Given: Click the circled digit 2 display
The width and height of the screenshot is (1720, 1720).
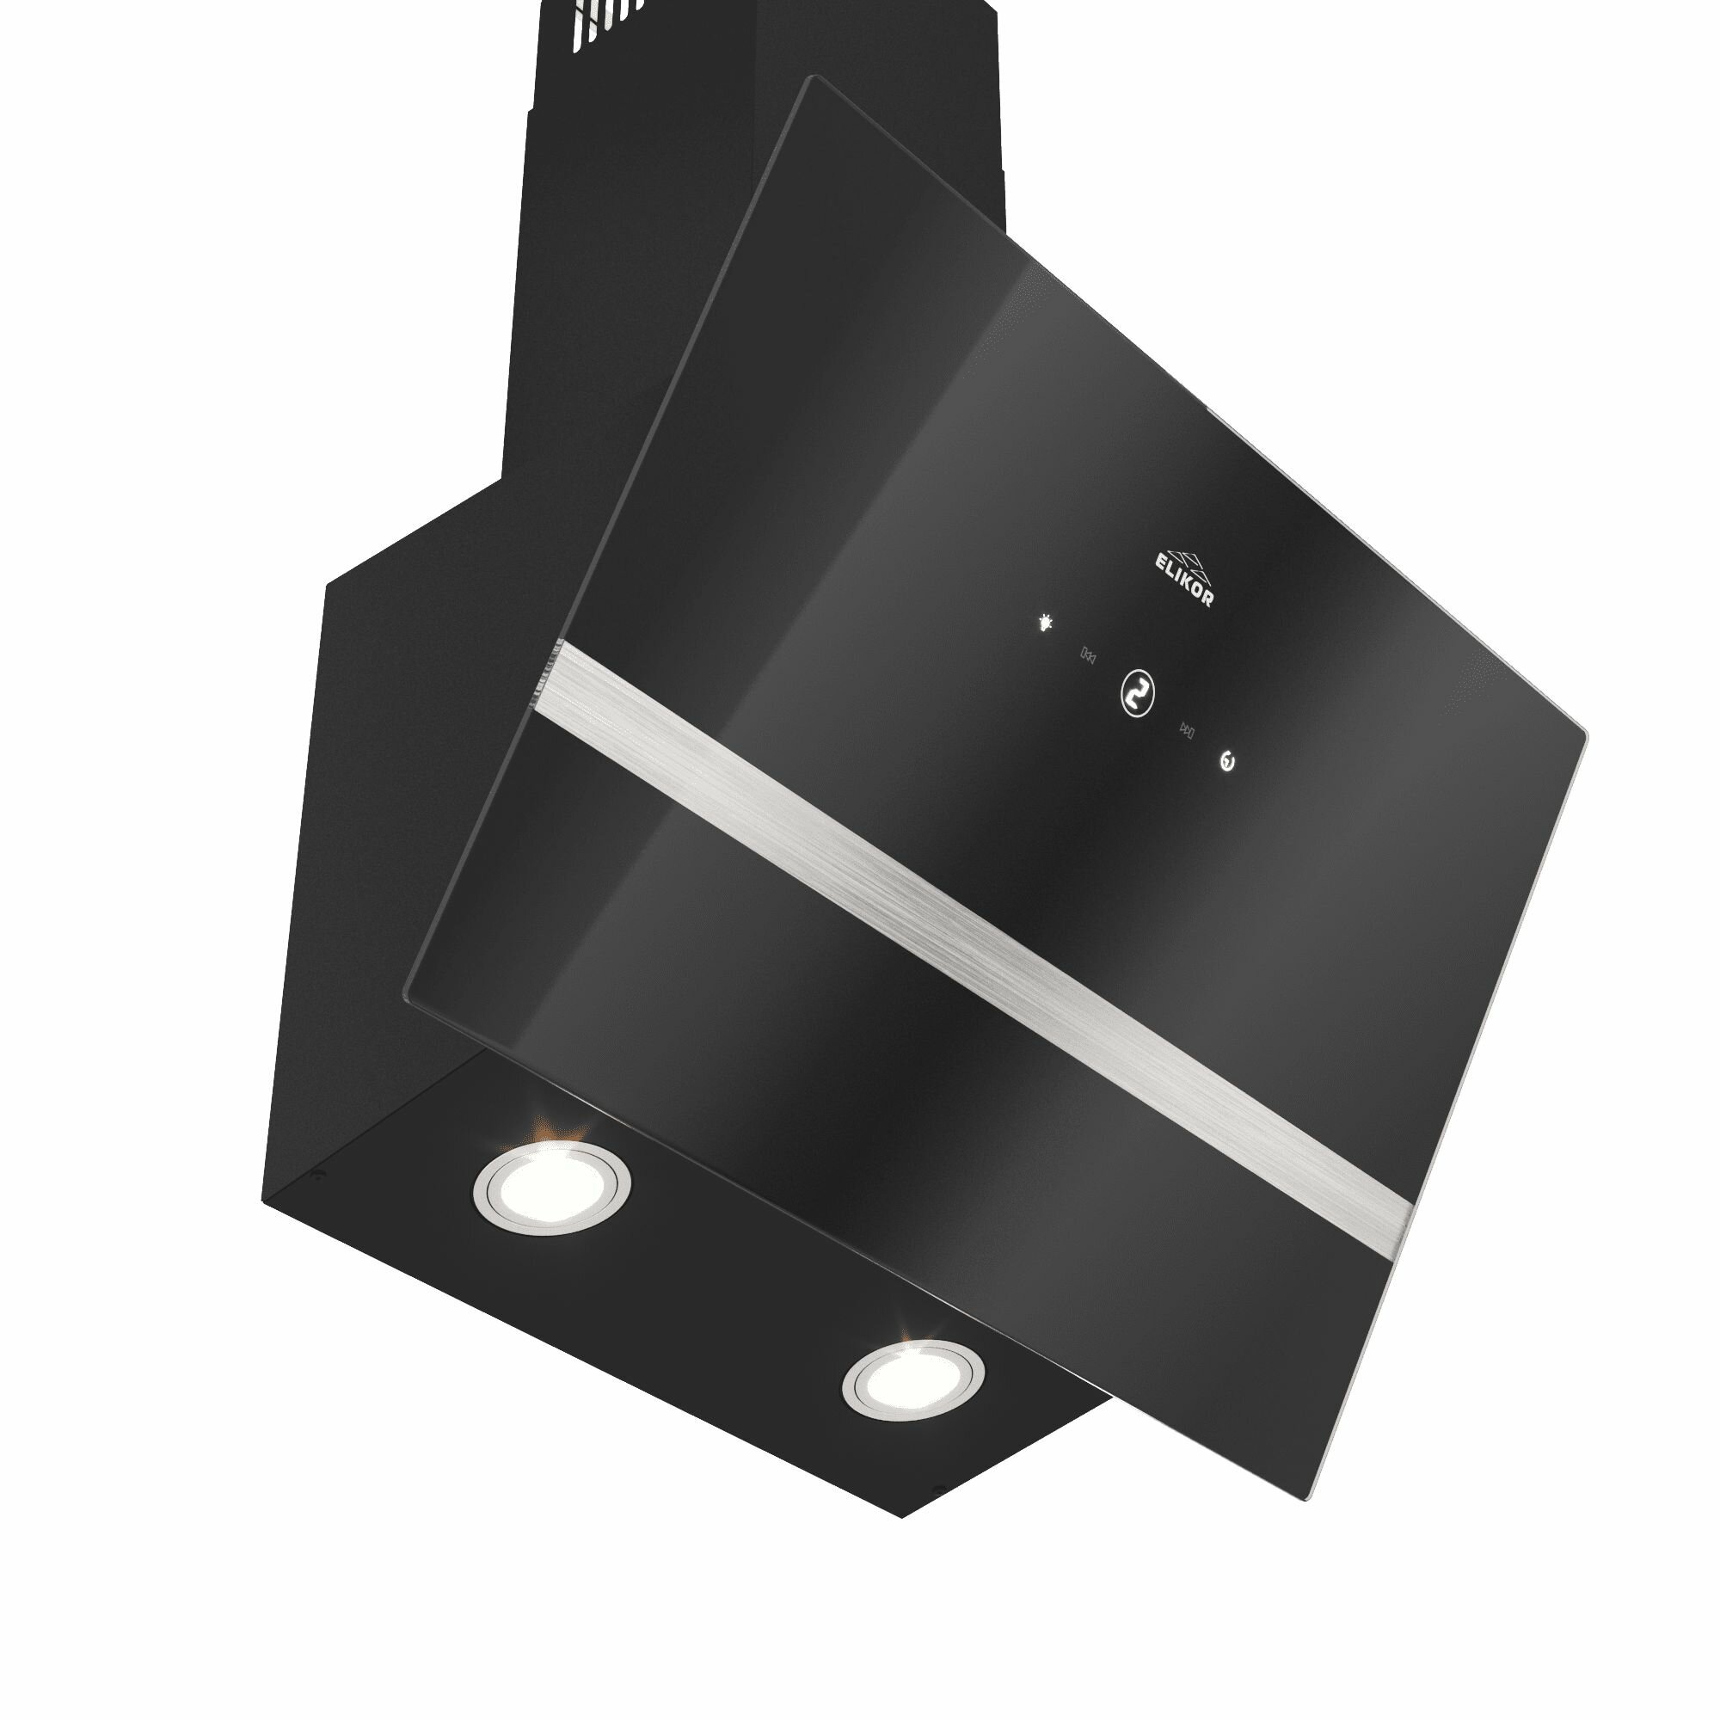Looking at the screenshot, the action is tap(1137, 691).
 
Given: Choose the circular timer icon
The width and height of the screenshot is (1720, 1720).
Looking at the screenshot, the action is tap(1229, 762).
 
